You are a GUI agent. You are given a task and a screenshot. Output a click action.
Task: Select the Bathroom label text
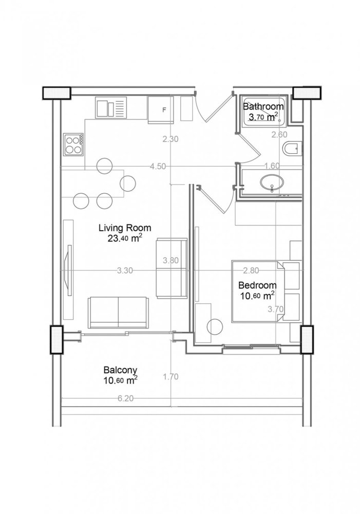tap(263, 107)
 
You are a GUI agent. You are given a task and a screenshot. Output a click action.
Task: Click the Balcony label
tap(120, 370)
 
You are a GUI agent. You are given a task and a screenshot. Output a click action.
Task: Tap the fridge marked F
tap(161, 109)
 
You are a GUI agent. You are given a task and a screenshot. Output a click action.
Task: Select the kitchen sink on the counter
tap(110, 108)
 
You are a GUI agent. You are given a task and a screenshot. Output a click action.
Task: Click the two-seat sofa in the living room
tap(119, 311)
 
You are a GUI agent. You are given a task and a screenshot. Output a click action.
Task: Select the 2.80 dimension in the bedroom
tap(251, 270)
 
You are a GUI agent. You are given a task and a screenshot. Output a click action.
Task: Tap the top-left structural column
tap(55, 92)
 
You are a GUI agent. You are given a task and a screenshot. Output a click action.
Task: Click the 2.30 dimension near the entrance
tap(170, 139)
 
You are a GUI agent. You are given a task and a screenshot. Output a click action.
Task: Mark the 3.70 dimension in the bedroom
tap(276, 309)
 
